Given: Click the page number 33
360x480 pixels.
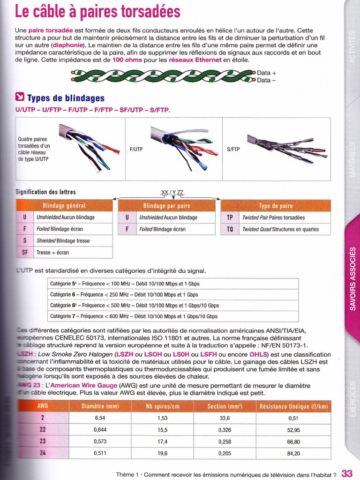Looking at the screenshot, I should click(347, 473).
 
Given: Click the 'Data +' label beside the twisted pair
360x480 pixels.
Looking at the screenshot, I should click(267, 73).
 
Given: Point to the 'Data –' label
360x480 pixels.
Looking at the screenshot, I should click(267, 80).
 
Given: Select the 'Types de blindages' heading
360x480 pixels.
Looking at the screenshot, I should click(66, 98).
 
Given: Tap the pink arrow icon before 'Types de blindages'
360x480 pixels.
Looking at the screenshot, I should click(20, 97).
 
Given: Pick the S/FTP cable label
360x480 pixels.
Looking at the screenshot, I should click(233, 150).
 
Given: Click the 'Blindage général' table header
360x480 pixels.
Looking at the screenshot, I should click(64, 206).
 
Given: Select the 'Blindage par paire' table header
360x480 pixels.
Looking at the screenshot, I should click(166, 206).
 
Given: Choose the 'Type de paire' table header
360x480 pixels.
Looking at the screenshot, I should click(276, 206).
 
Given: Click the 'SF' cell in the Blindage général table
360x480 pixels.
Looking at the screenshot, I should click(25, 252).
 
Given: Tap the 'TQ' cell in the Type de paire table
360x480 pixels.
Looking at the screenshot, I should click(230, 229).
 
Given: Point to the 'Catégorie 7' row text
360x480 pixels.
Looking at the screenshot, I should click(134, 316).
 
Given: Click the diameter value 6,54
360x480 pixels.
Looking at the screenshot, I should click(100, 418).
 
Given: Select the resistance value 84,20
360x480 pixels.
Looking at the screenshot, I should click(294, 453).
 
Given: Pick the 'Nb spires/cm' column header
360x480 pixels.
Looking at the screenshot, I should click(162, 406).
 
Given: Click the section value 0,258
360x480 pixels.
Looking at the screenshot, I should click(224, 442).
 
